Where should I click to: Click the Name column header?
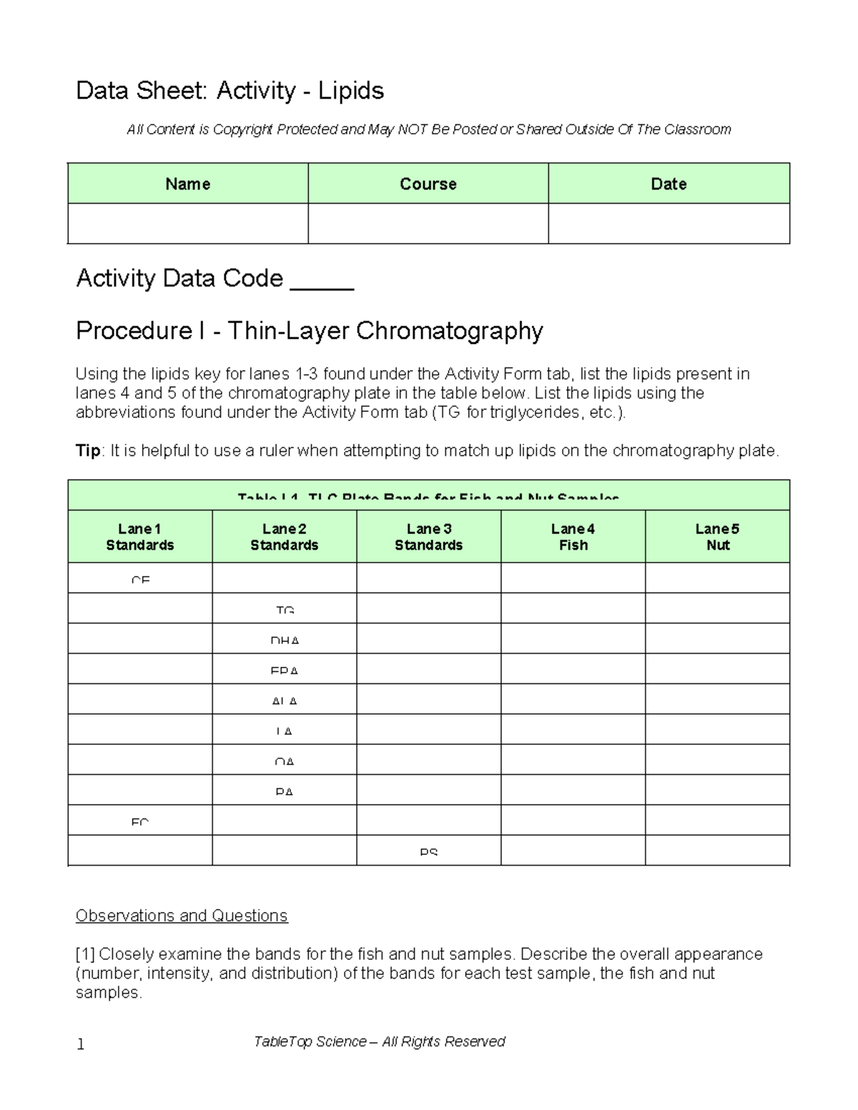[x=187, y=184]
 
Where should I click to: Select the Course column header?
[x=428, y=184]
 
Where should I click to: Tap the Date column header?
[x=669, y=184]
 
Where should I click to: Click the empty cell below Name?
[x=187, y=224]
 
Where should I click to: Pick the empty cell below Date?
[x=669, y=224]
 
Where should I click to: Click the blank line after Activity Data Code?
[x=322, y=280]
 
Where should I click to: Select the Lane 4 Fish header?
[x=573, y=537]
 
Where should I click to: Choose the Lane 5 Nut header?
[x=717, y=537]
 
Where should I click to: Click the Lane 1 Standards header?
[x=140, y=537]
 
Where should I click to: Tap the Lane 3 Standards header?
[x=428, y=537]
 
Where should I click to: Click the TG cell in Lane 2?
[x=285, y=609]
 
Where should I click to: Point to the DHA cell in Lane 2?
[x=285, y=639]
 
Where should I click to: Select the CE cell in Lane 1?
[x=140, y=579]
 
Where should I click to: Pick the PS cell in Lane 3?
[x=428, y=851]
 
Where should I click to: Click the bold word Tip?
[x=89, y=451]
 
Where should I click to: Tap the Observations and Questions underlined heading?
[x=182, y=916]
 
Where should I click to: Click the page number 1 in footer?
[x=81, y=1044]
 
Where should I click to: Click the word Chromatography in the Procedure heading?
[x=449, y=331]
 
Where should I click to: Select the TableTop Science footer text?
[x=379, y=1041]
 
